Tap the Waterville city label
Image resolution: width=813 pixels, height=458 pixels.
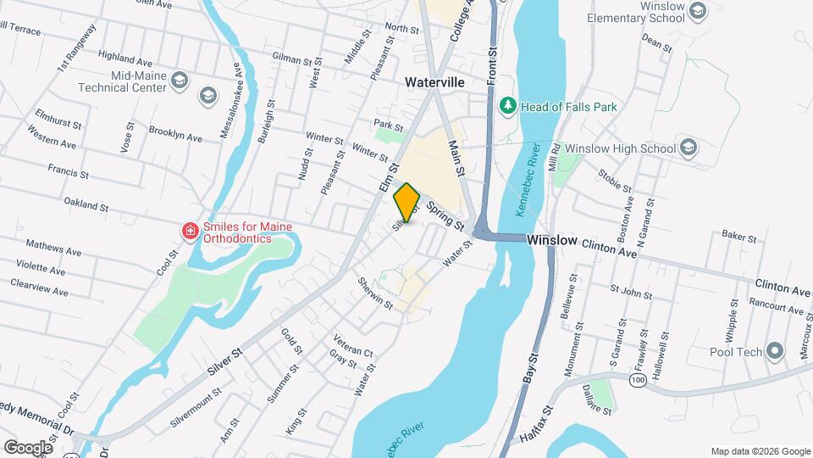[x=434, y=83]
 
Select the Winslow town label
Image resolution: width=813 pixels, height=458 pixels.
[x=552, y=241]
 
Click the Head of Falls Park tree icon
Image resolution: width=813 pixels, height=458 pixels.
[x=508, y=107]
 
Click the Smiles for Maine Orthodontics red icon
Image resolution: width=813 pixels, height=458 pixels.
[x=191, y=231]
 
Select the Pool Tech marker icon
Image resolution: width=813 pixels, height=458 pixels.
[x=775, y=352]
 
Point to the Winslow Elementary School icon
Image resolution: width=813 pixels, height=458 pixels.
[x=698, y=11]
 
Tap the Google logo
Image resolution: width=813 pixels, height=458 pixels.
[x=28, y=447]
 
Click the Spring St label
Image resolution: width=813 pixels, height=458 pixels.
[x=445, y=216]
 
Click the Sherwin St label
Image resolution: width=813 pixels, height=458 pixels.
[x=376, y=292]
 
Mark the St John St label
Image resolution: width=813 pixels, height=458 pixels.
[x=630, y=293]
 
